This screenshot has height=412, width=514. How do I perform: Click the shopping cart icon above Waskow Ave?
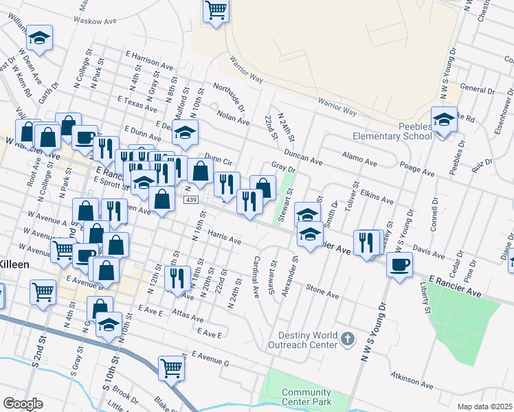tap(216, 10)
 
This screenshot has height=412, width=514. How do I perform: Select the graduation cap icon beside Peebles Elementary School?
tap(444, 120)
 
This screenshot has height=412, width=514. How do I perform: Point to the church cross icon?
tap(348, 339)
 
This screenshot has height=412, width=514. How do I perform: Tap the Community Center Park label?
tap(306, 397)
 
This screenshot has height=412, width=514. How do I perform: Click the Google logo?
tap(23, 404)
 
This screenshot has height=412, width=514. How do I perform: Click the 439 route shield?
tap(191, 199)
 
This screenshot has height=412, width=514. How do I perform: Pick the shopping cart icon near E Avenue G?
tap(171, 367)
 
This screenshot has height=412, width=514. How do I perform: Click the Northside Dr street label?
tap(229, 97)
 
